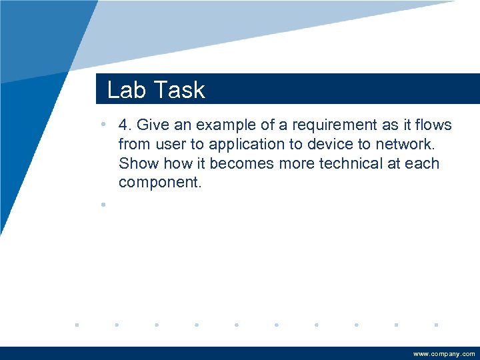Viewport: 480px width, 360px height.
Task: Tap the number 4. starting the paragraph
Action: [x=125, y=125]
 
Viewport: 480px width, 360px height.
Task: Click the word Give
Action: [x=153, y=125]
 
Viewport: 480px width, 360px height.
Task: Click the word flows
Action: [x=433, y=125]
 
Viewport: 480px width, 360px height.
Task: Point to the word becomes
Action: [x=241, y=163]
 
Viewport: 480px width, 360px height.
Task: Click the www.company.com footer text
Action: [x=444, y=354]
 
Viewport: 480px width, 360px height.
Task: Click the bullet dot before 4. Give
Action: [x=103, y=125]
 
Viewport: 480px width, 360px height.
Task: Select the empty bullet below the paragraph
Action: [x=103, y=205]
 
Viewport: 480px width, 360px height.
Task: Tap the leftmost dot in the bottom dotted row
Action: [x=77, y=325]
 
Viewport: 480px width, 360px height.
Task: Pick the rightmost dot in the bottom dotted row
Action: [x=435, y=325]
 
